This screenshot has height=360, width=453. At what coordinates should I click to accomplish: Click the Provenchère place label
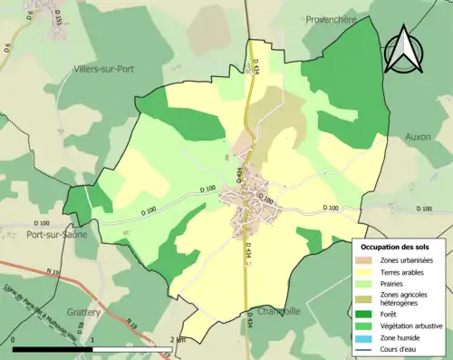(x=333, y=18)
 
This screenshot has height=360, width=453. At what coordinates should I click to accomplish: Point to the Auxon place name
(x=418, y=137)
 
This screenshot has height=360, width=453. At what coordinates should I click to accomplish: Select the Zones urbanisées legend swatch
(x=369, y=261)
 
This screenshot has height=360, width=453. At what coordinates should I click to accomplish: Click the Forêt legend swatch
(x=369, y=314)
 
